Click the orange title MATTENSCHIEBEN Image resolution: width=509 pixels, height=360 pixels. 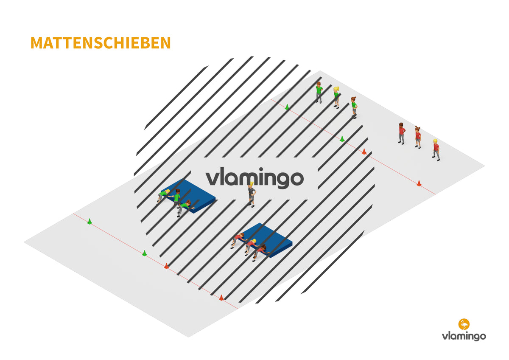[101, 43]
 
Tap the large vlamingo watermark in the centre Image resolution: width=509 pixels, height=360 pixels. [255, 178]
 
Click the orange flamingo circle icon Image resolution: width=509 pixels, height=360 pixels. [464, 324]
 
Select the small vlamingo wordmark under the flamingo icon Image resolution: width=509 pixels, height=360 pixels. [464, 336]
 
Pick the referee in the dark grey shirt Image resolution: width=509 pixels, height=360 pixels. [251, 195]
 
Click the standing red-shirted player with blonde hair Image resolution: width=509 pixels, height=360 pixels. [436, 150]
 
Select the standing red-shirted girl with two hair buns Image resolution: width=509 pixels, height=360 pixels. [418, 137]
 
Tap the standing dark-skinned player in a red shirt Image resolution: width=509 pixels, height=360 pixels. [402, 133]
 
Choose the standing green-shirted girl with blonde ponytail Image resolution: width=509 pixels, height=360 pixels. [336, 97]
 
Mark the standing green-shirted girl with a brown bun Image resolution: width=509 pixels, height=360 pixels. [354, 107]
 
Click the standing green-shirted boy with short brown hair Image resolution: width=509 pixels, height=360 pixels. [319, 92]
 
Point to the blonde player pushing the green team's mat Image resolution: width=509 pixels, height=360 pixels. [163, 195]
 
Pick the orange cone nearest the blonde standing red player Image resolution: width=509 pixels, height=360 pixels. [419, 183]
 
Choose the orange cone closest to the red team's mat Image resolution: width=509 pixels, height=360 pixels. [221, 298]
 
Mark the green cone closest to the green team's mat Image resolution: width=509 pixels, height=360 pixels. [144, 253]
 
